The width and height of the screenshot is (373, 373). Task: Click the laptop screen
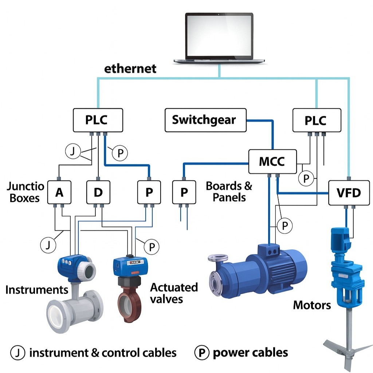pyautogui.click(x=219, y=36)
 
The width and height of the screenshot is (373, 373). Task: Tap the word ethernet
pyautogui.click(x=130, y=68)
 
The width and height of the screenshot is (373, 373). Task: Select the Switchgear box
pyautogui.click(x=205, y=120)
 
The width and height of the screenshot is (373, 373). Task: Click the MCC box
pyautogui.click(x=272, y=161)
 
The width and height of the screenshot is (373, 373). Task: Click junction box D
pyautogui.click(x=98, y=192)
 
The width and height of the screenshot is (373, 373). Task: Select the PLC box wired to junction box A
pyautogui.click(x=98, y=120)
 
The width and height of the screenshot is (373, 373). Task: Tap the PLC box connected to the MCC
pyautogui.click(x=317, y=120)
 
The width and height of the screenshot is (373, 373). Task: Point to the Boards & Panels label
pyautogui.click(x=229, y=192)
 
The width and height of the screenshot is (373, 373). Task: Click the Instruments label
pyautogui.click(x=37, y=290)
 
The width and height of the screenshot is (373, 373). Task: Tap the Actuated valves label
pyautogui.click(x=174, y=293)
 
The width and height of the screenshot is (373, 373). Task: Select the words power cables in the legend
pyautogui.click(x=250, y=352)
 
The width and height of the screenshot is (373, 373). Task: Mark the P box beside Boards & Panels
pyautogui.click(x=184, y=192)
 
